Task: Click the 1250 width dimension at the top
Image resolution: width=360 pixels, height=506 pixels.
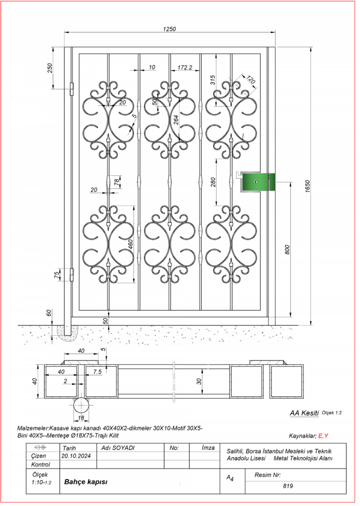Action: (169, 29)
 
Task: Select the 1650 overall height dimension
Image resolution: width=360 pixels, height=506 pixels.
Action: (307, 187)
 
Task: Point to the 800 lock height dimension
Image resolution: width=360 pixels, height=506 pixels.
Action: (287, 250)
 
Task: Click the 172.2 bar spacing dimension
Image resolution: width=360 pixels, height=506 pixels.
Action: (185, 67)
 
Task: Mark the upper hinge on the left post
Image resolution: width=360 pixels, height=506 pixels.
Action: (72, 89)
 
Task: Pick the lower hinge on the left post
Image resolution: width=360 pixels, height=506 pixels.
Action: (72, 275)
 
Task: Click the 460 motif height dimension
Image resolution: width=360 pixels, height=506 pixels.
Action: (131, 244)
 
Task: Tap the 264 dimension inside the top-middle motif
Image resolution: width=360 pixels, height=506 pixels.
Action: (176, 120)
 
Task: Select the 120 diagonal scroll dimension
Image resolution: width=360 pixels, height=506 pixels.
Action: (251, 79)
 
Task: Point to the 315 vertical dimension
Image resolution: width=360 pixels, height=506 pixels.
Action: (213, 80)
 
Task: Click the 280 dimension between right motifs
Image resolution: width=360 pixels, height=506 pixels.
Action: (213, 182)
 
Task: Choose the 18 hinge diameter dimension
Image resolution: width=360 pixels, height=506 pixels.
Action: (81, 418)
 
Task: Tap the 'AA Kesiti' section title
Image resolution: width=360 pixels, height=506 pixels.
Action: (304, 413)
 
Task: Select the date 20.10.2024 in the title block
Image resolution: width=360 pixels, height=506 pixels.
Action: (76, 456)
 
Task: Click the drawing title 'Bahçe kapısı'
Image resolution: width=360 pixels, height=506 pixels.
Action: (86, 482)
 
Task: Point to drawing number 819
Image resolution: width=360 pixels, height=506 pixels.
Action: (288, 486)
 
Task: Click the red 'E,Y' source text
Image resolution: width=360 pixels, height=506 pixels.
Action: (323, 436)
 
